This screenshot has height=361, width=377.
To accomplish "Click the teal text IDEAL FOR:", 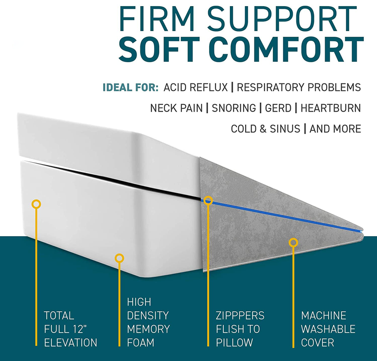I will (131, 88).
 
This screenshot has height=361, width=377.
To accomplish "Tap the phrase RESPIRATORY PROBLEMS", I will (299, 88).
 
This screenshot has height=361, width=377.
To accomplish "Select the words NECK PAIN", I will (176, 108).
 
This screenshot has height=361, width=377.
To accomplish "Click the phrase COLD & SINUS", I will (265, 129).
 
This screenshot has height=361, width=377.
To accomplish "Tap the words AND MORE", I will (335, 129).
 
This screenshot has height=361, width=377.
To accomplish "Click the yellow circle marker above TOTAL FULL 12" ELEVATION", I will (36, 204).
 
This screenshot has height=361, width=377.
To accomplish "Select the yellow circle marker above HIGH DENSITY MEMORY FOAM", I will (120, 258).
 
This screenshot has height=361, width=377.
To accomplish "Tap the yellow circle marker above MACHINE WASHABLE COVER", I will (294, 243).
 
